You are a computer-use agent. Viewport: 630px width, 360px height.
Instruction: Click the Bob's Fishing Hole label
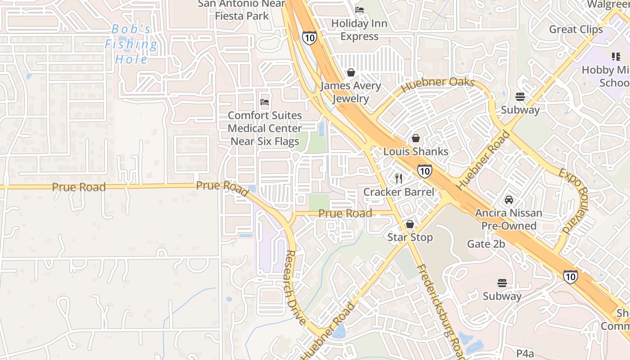click(x=131, y=44)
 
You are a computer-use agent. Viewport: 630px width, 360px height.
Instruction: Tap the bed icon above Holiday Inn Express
click(x=360, y=9)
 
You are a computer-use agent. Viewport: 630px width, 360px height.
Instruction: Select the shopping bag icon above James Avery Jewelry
click(x=351, y=72)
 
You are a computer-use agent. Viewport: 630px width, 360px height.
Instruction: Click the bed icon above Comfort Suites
click(x=265, y=103)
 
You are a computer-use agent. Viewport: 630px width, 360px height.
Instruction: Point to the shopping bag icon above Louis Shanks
click(x=416, y=138)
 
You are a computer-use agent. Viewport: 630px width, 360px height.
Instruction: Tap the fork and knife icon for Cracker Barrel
click(x=399, y=179)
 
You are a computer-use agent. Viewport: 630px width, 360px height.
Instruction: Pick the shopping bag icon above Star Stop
click(x=410, y=224)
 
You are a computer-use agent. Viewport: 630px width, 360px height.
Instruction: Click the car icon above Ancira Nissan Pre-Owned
click(x=508, y=200)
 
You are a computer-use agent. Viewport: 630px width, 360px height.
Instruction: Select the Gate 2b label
click(x=486, y=244)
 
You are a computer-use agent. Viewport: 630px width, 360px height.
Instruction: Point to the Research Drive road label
click(x=296, y=288)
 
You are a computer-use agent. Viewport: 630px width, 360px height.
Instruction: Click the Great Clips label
click(x=576, y=29)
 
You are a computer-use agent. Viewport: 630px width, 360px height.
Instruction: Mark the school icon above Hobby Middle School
click(x=616, y=57)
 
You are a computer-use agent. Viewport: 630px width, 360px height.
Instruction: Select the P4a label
click(x=525, y=352)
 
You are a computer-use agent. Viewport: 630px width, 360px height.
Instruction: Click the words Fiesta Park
click(x=242, y=16)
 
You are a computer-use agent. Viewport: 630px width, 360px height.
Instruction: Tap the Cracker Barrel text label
click(x=399, y=192)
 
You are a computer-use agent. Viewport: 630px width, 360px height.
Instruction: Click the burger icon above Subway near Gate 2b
click(x=502, y=283)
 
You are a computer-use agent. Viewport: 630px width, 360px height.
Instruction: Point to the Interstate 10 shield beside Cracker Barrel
click(x=424, y=171)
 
